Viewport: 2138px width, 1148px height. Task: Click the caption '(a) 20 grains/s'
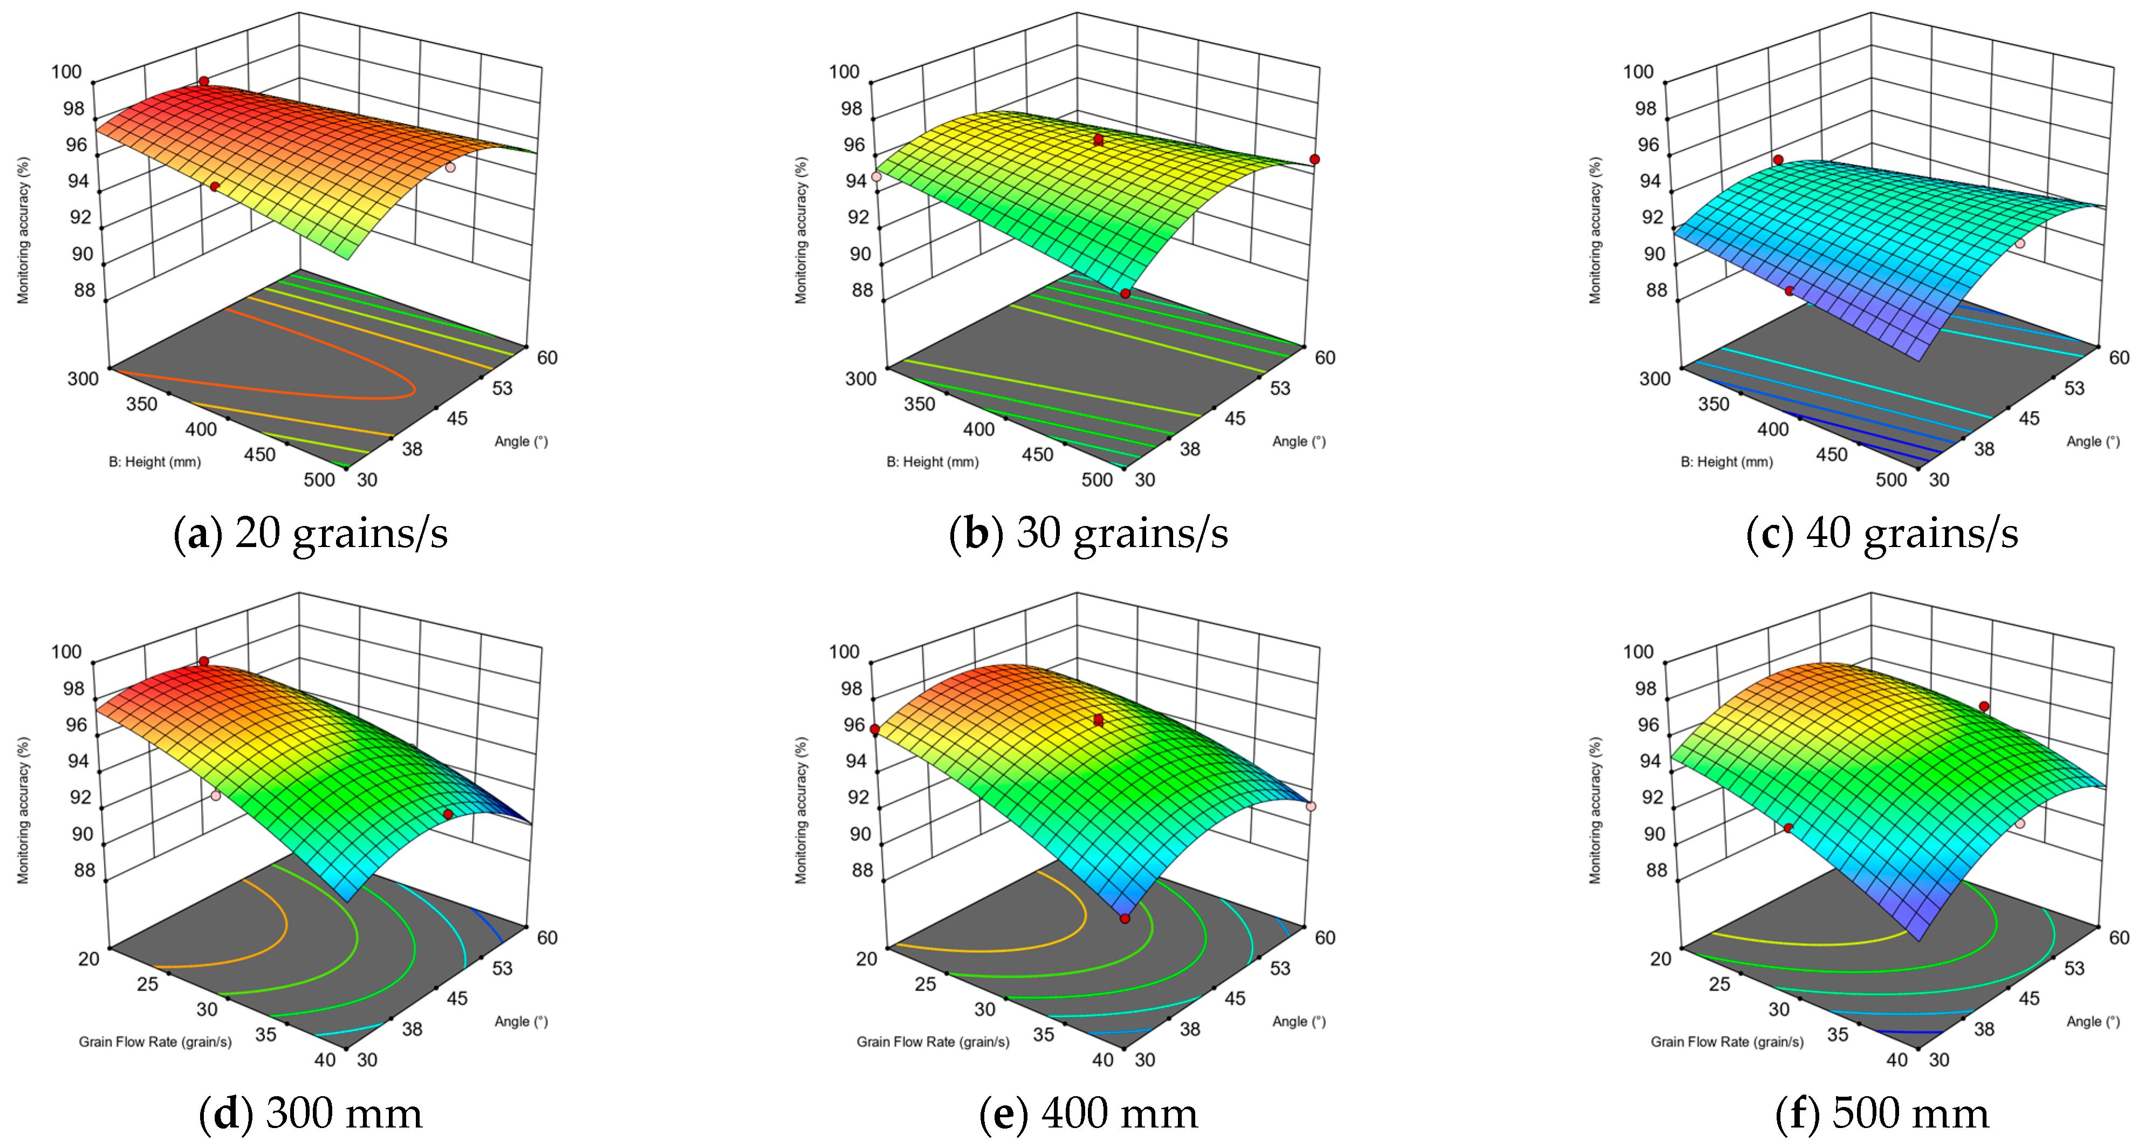pos(311,533)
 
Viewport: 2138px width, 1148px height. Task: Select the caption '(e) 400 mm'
pos(1088,1113)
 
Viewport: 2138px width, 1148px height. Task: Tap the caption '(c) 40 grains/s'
pos(1882,533)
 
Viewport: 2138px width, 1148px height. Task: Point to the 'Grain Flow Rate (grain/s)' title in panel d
pos(155,1042)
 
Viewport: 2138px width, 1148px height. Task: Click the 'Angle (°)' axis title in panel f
pos(2092,1021)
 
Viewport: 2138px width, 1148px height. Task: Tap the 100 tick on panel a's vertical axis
pos(66,72)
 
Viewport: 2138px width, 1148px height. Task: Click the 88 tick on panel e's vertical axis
pos(862,870)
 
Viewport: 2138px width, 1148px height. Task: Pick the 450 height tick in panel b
pos(1038,455)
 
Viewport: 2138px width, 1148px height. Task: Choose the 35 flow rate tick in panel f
pos(1838,1034)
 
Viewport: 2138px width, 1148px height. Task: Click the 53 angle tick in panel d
pos(502,968)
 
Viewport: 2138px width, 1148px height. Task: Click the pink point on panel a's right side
pos(450,167)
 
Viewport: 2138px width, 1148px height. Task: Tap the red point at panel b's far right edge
pos(1314,159)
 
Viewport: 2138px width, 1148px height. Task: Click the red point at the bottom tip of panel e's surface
pos(1125,918)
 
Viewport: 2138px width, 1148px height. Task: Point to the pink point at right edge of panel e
pos(1311,806)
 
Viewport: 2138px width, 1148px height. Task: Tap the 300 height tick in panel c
pos(1654,379)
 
